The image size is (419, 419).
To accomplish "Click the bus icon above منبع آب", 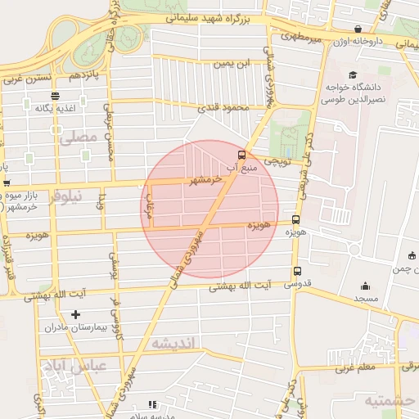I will (241, 153).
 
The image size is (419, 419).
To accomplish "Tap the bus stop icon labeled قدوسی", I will (296, 271).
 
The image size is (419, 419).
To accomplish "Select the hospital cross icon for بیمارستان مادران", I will (76, 314).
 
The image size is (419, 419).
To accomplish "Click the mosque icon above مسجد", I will (365, 286).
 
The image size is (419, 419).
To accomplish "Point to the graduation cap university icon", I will (352, 74).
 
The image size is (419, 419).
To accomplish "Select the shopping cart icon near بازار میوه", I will (6, 183).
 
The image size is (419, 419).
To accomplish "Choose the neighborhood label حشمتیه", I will (388, 400).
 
